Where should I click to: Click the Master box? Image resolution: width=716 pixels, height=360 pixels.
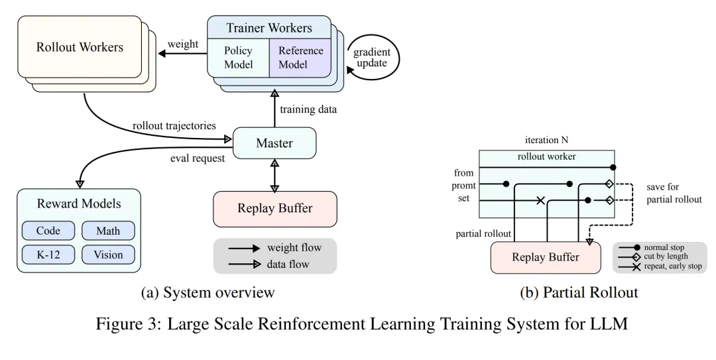[x=274, y=143]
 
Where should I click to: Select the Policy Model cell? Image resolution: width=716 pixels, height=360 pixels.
[x=239, y=57]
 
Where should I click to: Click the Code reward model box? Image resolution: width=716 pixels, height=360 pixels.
[x=49, y=231]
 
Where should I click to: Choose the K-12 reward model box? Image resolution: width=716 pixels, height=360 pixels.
[x=49, y=254]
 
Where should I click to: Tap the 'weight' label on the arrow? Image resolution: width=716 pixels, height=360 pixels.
[x=182, y=44]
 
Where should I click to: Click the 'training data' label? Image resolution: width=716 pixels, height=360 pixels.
[x=310, y=109]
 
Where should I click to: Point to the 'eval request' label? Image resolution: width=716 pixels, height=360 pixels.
[x=197, y=160]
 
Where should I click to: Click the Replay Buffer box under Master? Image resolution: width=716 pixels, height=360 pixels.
[x=274, y=208]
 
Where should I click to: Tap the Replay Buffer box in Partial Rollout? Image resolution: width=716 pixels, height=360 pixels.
[x=545, y=257]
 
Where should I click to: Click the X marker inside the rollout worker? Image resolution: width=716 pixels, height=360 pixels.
[x=540, y=200]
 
